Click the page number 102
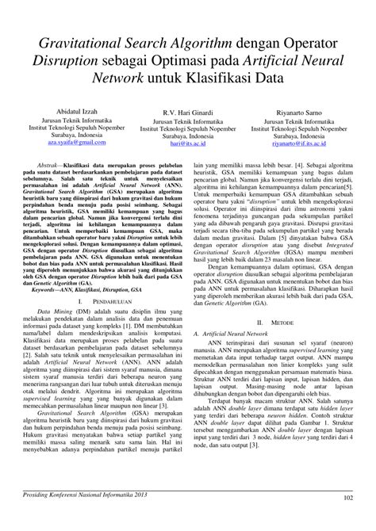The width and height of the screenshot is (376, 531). tap(347, 497)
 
